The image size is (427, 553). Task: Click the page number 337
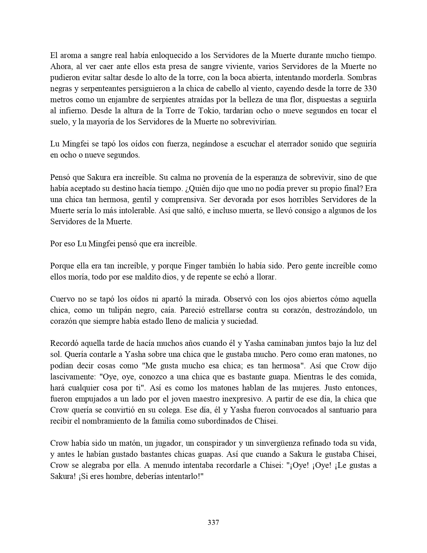pyautogui.click(x=213, y=522)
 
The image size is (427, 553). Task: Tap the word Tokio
pyautogui.click(x=191, y=111)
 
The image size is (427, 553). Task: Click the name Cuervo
pyautogui.click(x=61, y=299)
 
